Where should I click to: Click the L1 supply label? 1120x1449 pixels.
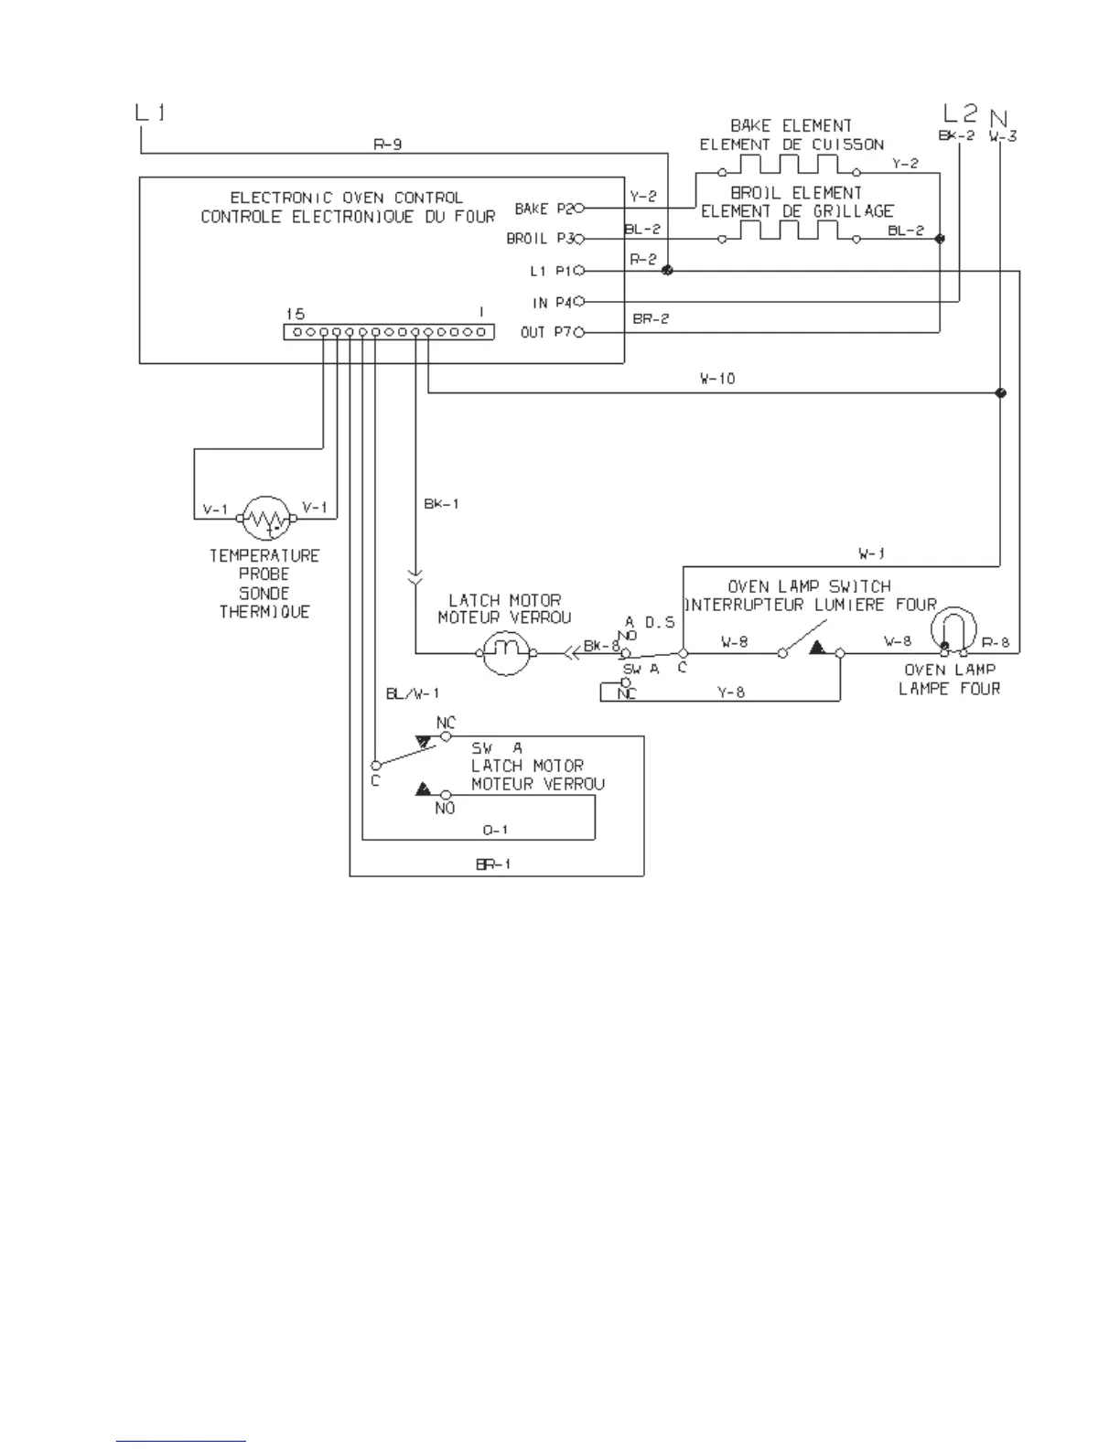pos(151,113)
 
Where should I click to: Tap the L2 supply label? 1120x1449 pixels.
pos(960,113)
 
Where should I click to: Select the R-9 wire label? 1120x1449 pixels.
pos(387,144)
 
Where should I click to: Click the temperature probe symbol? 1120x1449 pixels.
pos(266,519)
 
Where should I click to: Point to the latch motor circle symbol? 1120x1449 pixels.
pos(506,652)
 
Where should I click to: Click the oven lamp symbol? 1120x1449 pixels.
pos(953,630)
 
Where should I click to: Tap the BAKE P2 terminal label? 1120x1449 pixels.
pos(544,209)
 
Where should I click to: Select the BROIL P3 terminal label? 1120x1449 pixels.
pos(540,239)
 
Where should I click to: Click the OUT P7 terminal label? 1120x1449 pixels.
pos(546,332)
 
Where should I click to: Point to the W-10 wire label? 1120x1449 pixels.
pos(717,379)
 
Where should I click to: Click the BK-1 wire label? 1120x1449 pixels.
pos(441,504)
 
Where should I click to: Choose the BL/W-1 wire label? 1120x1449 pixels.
pos(413,694)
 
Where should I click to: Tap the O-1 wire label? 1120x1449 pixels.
pos(495,830)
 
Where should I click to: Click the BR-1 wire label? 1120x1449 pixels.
pos(492,864)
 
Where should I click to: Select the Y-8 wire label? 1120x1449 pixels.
pos(730,692)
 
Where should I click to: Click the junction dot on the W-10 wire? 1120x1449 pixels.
pos(1000,393)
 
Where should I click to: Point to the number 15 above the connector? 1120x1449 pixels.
pos(295,314)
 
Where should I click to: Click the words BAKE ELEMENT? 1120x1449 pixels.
pos(791,125)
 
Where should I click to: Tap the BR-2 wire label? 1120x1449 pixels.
pos(651,318)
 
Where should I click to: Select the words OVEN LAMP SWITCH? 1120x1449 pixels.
pos(809,586)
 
